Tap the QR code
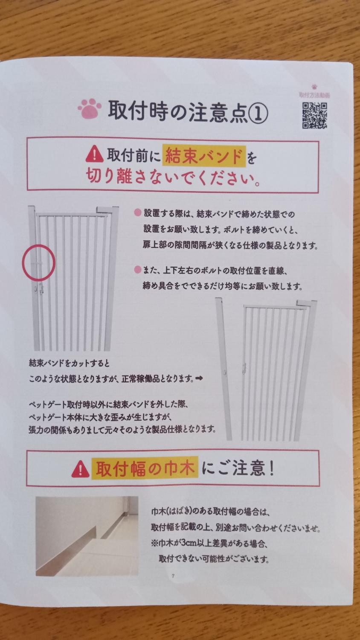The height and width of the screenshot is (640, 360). pyautogui.click(x=314, y=115)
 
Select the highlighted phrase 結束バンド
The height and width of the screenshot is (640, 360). pyautogui.click(x=204, y=156)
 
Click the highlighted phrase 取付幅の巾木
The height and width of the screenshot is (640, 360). pyautogui.click(x=145, y=469)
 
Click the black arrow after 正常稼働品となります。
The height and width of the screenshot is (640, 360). pyautogui.click(x=199, y=379)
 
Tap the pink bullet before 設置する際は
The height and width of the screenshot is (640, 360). pyautogui.click(x=138, y=212)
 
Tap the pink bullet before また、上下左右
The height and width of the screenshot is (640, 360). pyautogui.click(x=138, y=270)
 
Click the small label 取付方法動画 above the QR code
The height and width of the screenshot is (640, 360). pyautogui.click(x=314, y=95)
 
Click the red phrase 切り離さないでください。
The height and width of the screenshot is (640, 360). pyautogui.click(x=173, y=178)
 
